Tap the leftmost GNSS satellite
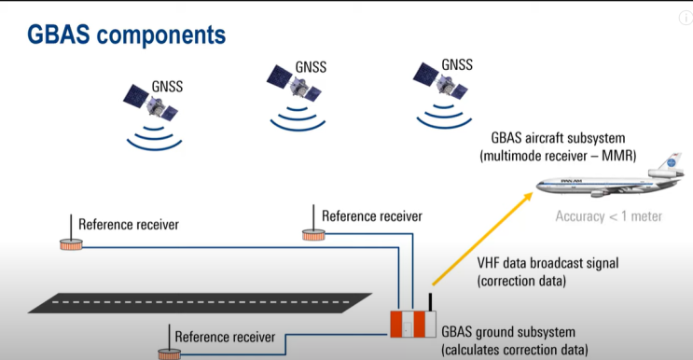coord(151,104)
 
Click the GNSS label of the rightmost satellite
coord(456,64)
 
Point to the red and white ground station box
coord(411,323)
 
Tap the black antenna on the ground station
coord(430,302)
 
